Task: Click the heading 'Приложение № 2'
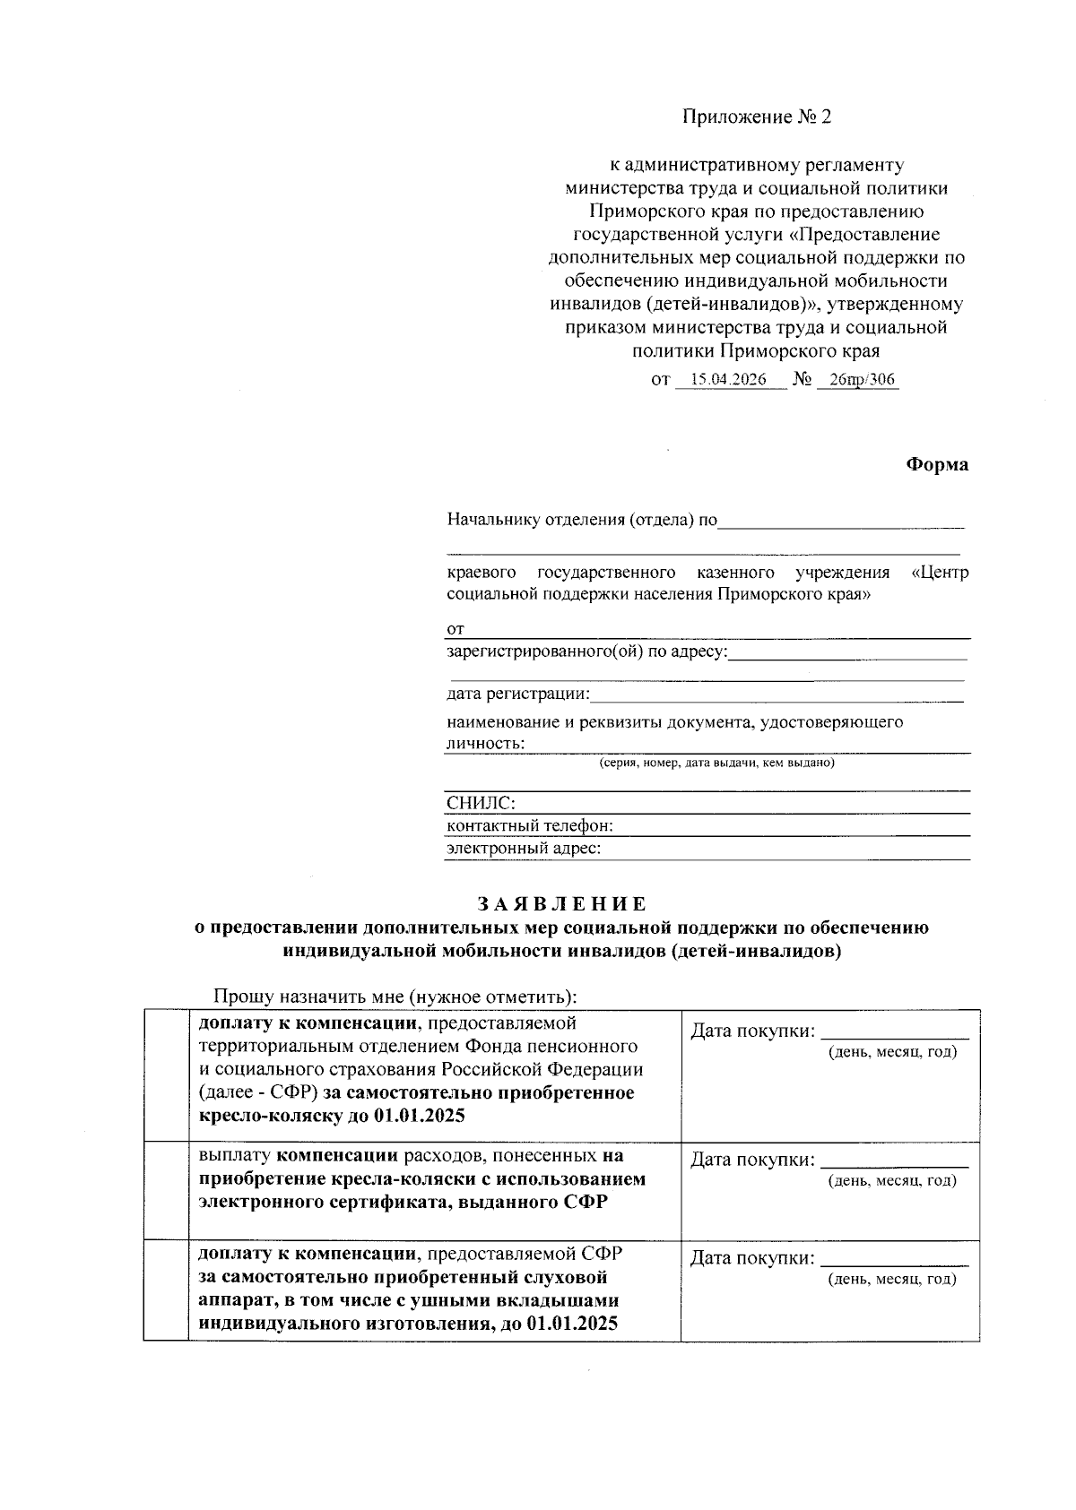pos(757,117)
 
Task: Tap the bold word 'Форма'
pos(936,465)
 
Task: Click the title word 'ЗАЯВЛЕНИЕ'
pos(561,904)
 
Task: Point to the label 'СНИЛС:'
pos(481,803)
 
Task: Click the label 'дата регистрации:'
pos(518,694)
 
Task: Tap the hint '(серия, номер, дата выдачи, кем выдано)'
pos(716,764)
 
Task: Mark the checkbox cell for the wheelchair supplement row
pos(166,1074)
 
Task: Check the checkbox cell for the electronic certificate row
pos(166,1189)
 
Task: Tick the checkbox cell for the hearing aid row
pos(166,1289)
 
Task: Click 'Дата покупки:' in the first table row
pos(751,1031)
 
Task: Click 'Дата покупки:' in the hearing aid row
pos(751,1259)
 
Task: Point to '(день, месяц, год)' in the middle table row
pos(891,1181)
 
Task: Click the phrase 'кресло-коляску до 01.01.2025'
pos(332,1117)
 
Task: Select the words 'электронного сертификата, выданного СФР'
pos(403,1202)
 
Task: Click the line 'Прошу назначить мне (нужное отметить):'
pos(395,997)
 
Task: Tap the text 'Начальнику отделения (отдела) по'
pos(582,521)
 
